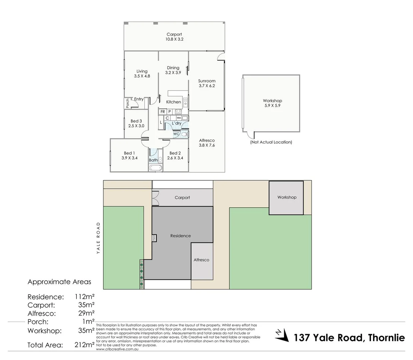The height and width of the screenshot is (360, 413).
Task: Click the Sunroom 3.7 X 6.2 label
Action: (x=207, y=83)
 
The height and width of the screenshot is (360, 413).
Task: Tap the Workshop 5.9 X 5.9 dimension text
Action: (x=272, y=105)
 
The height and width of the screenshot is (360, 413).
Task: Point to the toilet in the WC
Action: (x=184, y=134)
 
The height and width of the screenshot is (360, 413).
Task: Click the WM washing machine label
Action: (x=179, y=118)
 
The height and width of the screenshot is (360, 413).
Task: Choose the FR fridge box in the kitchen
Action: (x=162, y=112)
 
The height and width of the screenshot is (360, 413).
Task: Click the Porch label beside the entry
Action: (x=127, y=103)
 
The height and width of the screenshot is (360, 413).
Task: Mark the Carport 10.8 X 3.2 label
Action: (x=174, y=37)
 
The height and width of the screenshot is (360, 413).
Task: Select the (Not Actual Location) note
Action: (x=271, y=142)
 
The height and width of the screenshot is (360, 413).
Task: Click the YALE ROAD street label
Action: (x=98, y=238)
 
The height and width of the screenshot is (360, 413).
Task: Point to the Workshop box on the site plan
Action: (x=286, y=198)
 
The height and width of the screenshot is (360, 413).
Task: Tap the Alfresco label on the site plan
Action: (x=201, y=260)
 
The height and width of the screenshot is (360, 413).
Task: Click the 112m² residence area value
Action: (x=84, y=297)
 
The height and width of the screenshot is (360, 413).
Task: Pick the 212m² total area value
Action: (x=84, y=345)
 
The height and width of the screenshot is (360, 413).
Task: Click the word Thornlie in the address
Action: (x=386, y=338)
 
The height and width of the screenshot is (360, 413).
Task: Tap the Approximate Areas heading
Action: (x=59, y=282)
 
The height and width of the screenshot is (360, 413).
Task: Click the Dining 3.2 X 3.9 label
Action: (x=173, y=70)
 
